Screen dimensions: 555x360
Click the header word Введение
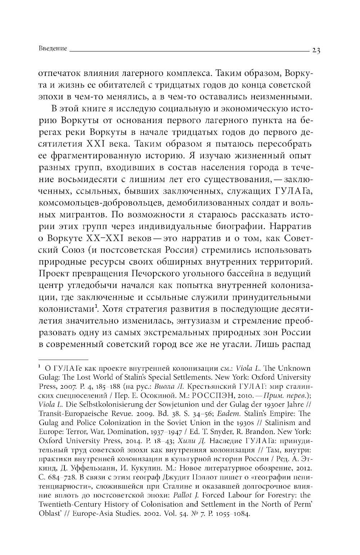tap(52, 49)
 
